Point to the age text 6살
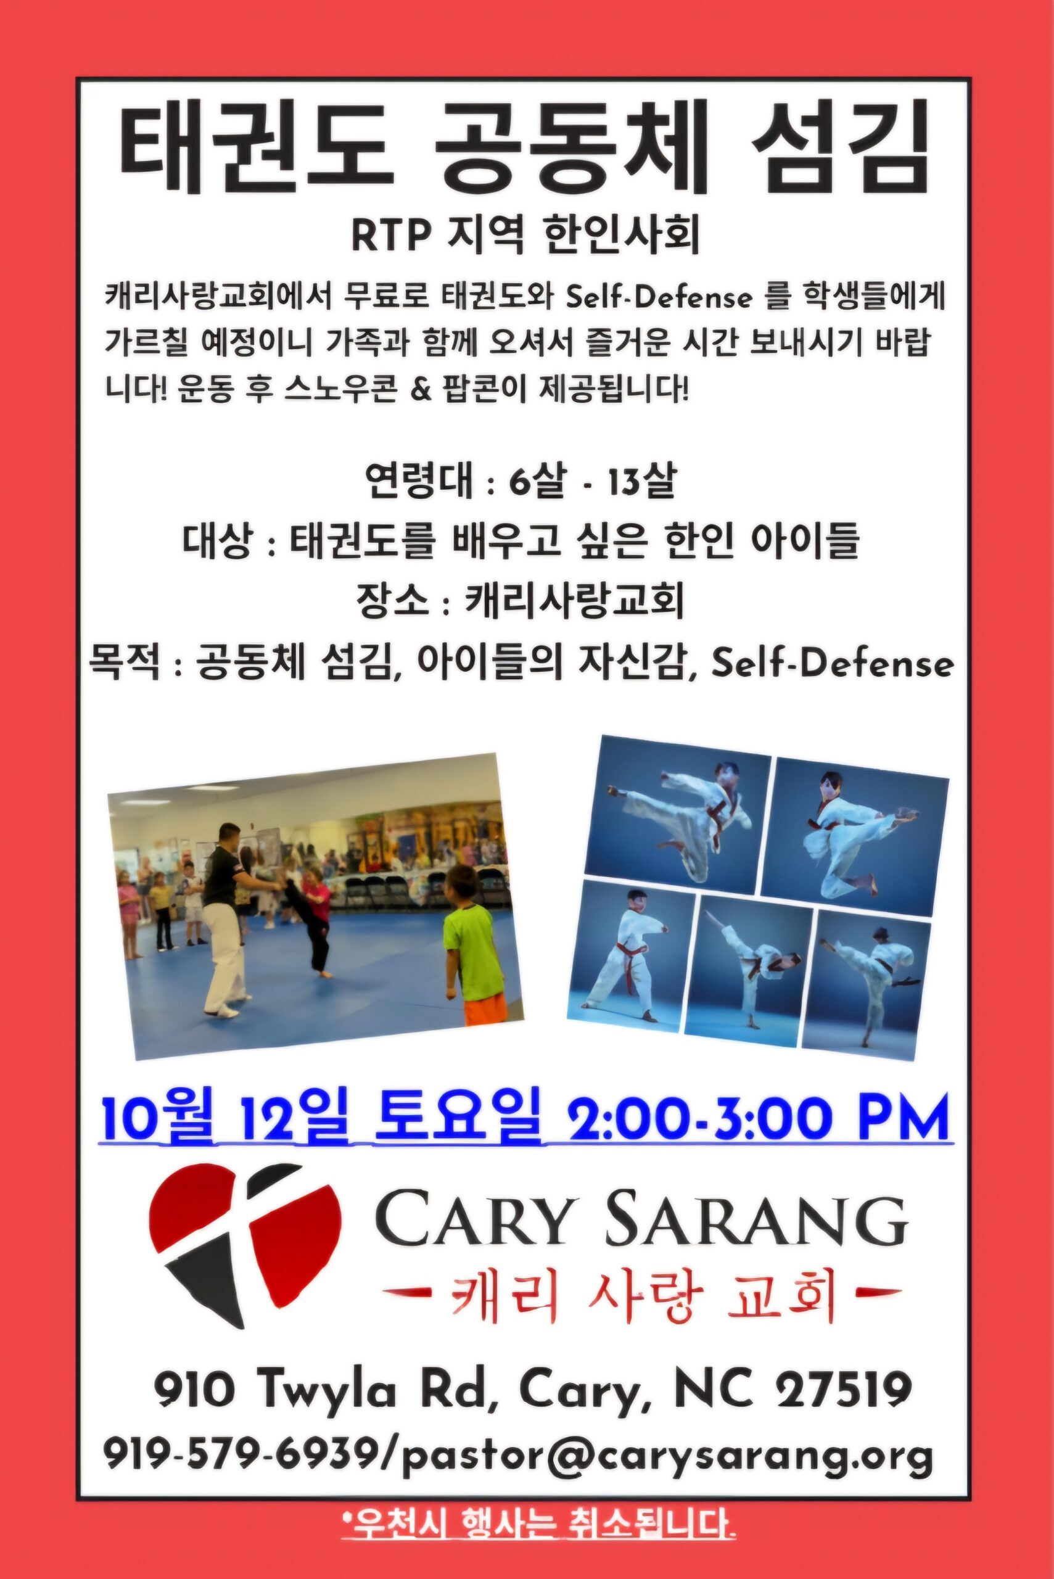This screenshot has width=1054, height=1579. tap(536, 481)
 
